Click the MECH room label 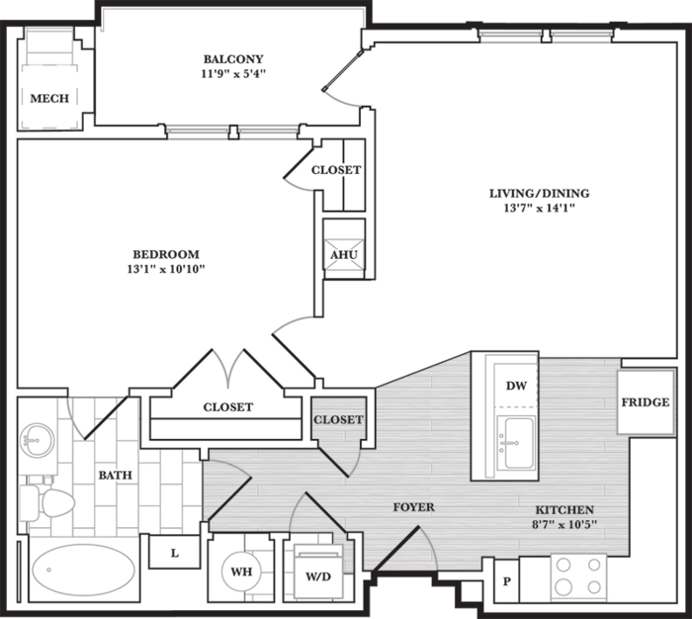(49, 98)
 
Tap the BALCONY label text (233, 58)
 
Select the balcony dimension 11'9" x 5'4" (233, 74)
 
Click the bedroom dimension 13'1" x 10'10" (166, 269)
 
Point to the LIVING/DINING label (540, 193)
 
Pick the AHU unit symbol (344, 254)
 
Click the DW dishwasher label (516, 386)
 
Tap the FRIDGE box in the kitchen (646, 402)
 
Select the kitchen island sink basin (519, 443)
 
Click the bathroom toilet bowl (57, 502)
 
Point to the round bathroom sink (38, 440)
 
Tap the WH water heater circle (241, 572)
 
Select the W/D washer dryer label (318, 576)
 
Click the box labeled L (174, 552)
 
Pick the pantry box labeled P (506, 581)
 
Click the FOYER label (413, 507)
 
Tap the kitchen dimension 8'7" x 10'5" (564, 524)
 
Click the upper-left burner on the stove (563, 565)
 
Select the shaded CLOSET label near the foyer (338, 419)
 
